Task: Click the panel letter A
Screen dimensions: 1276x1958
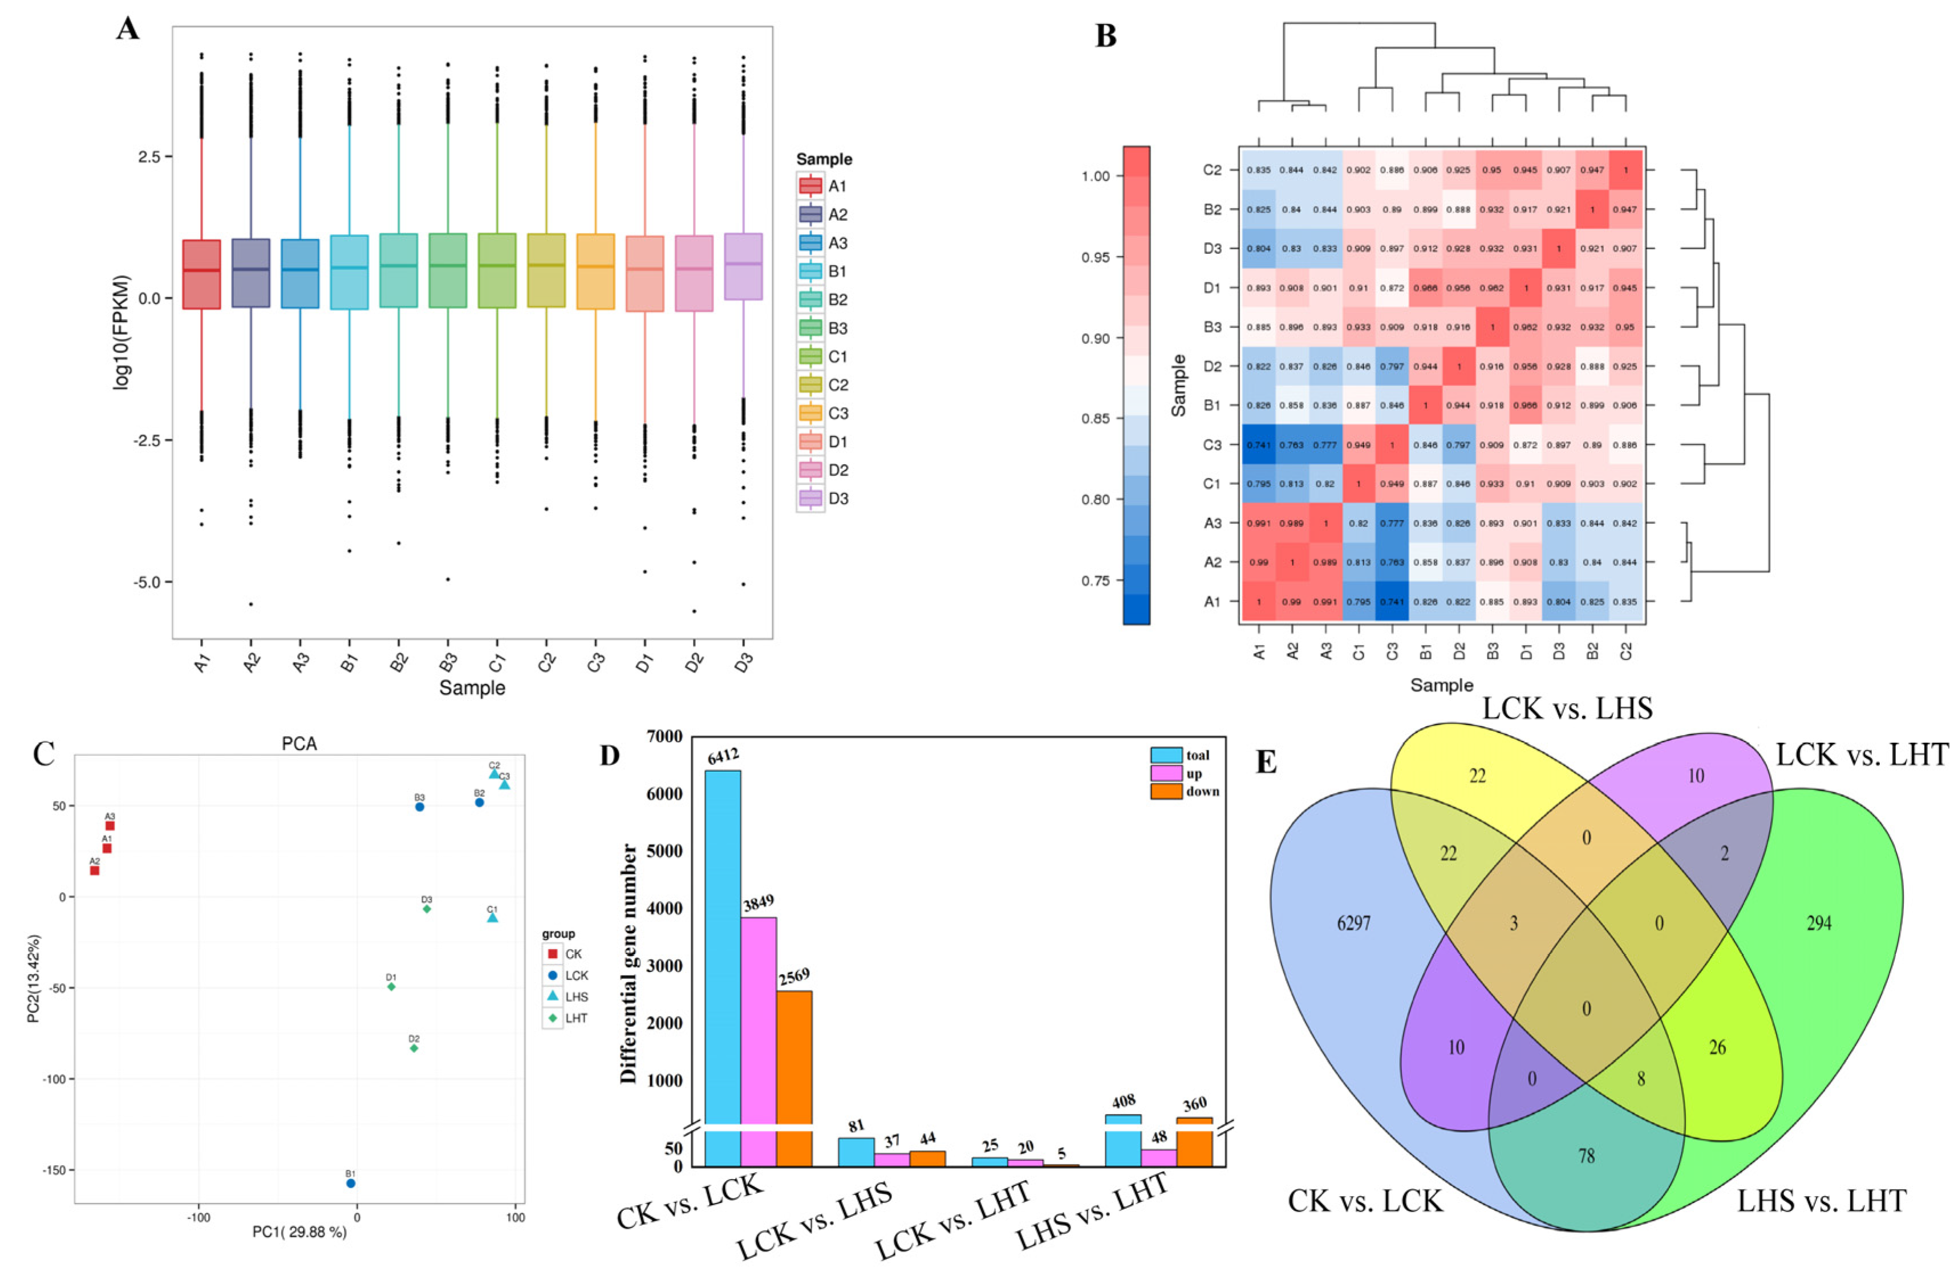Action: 128,30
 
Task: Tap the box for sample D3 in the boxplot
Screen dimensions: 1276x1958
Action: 743,266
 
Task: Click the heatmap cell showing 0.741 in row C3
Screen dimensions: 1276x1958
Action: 1258,445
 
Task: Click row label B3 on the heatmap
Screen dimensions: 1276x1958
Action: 1213,327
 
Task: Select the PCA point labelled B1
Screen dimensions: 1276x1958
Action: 350,1183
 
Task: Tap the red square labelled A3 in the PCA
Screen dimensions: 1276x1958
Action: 110,826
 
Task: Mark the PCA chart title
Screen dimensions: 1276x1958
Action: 299,744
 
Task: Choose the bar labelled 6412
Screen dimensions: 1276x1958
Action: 722,946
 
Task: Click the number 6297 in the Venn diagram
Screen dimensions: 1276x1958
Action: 1353,923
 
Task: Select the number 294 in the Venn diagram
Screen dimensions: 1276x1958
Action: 1818,923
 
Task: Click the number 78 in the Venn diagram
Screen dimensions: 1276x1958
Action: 1586,1156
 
